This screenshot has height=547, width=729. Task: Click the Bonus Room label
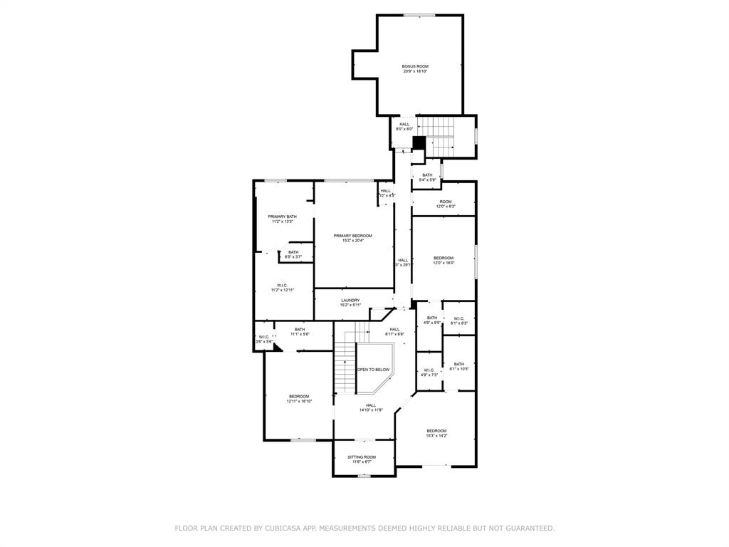(x=415, y=66)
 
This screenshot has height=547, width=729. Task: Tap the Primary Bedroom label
(x=352, y=236)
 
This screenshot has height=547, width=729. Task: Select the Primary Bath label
(x=282, y=217)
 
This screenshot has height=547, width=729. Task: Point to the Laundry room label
(x=350, y=301)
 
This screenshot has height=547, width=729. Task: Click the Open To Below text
(x=374, y=370)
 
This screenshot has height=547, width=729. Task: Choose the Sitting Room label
(x=362, y=457)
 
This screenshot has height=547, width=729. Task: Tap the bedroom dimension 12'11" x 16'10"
(x=299, y=402)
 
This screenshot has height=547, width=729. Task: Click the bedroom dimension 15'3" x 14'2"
(x=436, y=436)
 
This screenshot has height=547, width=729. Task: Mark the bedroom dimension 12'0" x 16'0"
(x=444, y=264)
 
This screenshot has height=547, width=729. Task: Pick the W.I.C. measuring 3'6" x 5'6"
(x=264, y=342)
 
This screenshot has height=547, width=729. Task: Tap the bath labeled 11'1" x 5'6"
(x=300, y=334)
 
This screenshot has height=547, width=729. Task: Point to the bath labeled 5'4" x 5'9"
(x=427, y=180)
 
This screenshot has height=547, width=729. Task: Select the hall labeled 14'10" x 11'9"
(x=371, y=410)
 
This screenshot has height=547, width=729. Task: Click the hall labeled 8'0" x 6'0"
(x=404, y=129)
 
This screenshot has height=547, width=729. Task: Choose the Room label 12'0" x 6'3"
(x=445, y=207)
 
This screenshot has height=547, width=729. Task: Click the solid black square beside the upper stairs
(x=419, y=142)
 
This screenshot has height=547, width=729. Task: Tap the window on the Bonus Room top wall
(x=419, y=15)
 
